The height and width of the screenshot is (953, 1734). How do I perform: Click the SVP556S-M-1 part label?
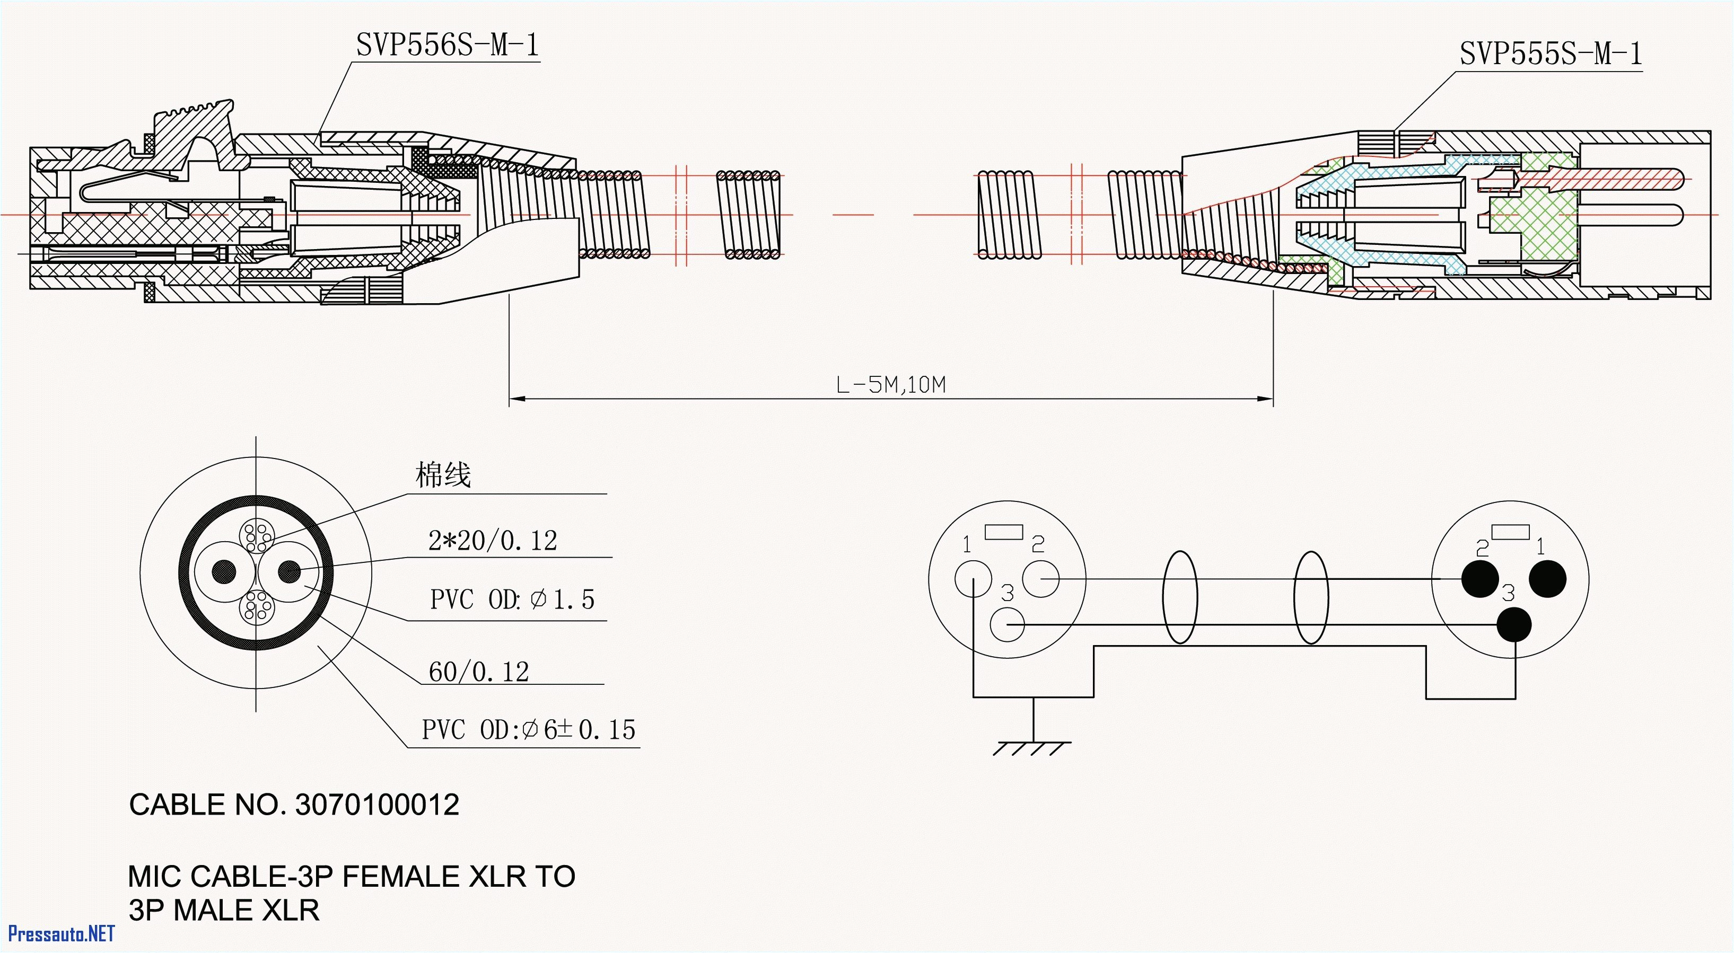pyautogui.click(x=447, y=45)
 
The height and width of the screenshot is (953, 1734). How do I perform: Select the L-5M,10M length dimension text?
pyautogui.click(x=890, y=385)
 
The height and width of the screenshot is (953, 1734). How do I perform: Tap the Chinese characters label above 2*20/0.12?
pyautogui.click(x=443, y=475)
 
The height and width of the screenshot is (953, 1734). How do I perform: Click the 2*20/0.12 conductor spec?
pyautogui.click(x=493, y=541)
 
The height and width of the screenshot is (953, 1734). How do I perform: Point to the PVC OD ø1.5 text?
pyautogui.click(x=512, y=599)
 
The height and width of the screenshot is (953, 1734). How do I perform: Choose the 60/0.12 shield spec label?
pyautogui.click(x=479, y=672)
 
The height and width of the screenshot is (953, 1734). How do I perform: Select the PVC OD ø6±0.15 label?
pyautogui.click(x=528, y=729)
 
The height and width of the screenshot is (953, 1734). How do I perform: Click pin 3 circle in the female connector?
pyautogui.click(x=1007, y=625)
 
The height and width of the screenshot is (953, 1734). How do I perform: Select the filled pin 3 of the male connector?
pyautogui.click(x=1514, y=625)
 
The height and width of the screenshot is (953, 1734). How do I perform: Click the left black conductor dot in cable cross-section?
pyautogui.click(x=224, y=572)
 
